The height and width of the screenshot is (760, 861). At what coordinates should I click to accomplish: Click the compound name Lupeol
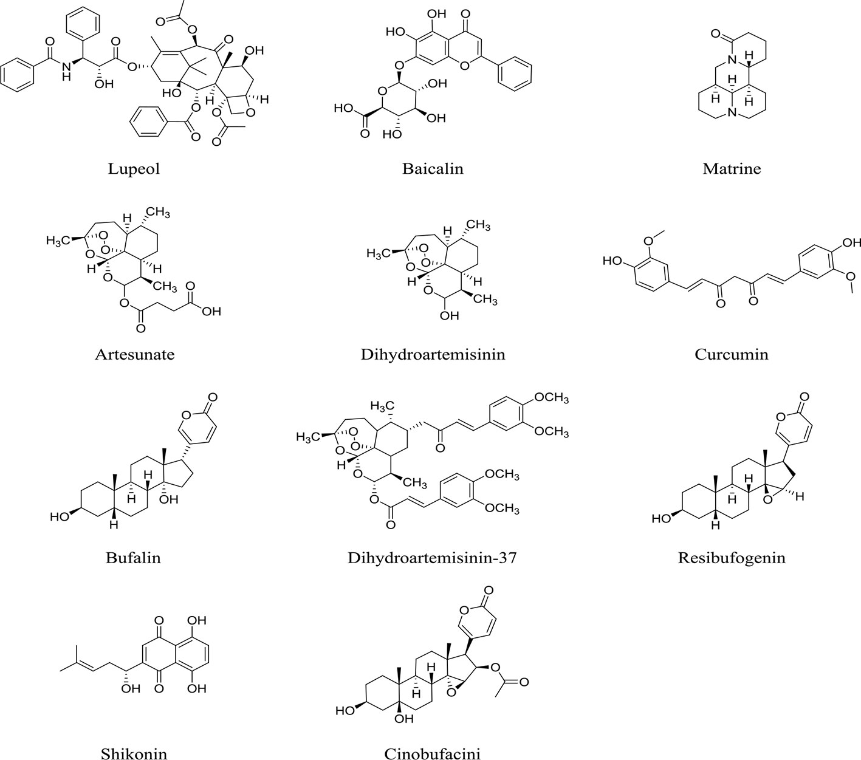click(x=134, y=168)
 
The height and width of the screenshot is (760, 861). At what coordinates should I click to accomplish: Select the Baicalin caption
click(x=433, y=168)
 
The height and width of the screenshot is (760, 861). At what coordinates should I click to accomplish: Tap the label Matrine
click(x=732, y=168)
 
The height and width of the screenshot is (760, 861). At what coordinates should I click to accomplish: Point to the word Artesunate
click(x=134, y=354)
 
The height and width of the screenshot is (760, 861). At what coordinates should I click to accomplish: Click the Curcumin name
click(x=732, y=354)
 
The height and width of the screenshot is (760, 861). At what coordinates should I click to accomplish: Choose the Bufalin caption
click(x=133, y=556)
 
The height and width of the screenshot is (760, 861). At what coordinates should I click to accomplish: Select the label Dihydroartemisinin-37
click(x=432, y=556)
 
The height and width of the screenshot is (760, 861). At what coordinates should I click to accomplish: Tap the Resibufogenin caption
click(x=732, y=556)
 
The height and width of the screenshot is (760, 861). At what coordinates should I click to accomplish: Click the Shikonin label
click(x=134, y=753)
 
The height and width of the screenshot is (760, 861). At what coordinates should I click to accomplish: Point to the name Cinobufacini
click(x=433, y=753)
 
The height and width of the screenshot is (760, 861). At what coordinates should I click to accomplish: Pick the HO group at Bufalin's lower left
click(x=60, y=517)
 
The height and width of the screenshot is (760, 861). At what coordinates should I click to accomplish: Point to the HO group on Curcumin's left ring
click(x=613, y=261)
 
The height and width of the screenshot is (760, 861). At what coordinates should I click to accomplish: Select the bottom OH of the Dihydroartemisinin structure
click(x=450, y=316)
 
